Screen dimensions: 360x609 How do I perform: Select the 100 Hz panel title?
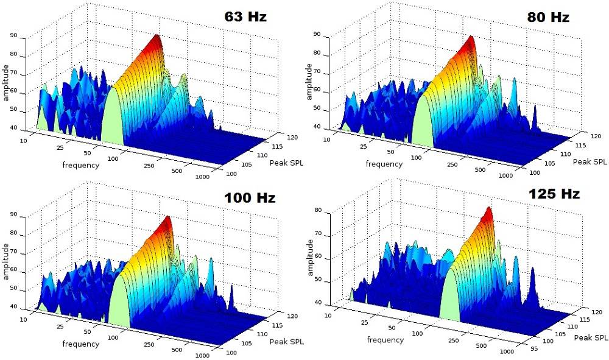250,198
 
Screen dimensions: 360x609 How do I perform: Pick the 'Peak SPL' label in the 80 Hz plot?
590,161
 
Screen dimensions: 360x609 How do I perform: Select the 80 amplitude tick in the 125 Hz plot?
328,211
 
